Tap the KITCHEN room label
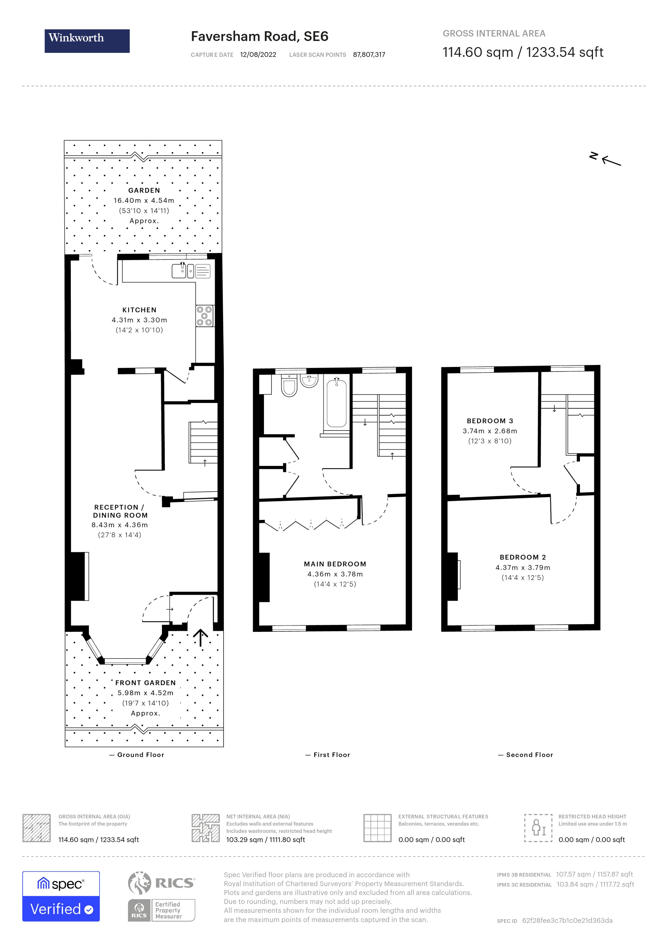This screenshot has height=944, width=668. [x=139, y=310]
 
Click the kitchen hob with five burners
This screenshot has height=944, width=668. [x=204, y=316]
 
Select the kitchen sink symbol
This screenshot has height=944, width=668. [x=179, y=271]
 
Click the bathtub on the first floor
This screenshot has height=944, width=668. [x=337, y=404]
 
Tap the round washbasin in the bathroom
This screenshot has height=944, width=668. [x=309, y=380]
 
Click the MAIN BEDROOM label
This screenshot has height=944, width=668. [x=335, y=564]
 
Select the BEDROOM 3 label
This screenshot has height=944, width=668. [x=490, y=421]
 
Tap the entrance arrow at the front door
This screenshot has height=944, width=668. [x=200, y=637]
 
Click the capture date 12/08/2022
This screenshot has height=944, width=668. [x=258, y=55]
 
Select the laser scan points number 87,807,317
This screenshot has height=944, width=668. [x=369, y=55]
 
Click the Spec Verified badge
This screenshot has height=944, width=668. [x=61, y=896]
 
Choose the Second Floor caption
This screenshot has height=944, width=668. [x=529, y=755]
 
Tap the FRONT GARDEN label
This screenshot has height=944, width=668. [x=145, y=683]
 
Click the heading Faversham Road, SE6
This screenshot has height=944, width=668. [x=260, y=37]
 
